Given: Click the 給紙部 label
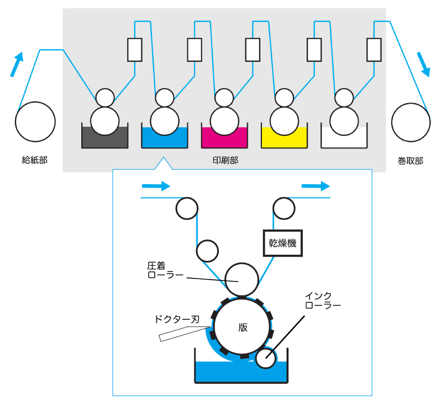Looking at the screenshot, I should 34,160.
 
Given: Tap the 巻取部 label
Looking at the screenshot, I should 410,160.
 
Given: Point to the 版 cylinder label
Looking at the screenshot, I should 243,326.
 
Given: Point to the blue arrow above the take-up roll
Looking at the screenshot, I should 424,64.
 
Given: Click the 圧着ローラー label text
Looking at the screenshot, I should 165,270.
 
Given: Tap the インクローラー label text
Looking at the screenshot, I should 323,300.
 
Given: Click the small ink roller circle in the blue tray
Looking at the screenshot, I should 266,358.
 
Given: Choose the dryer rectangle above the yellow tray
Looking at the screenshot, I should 314,50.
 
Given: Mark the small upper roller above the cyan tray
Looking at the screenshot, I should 165,98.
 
